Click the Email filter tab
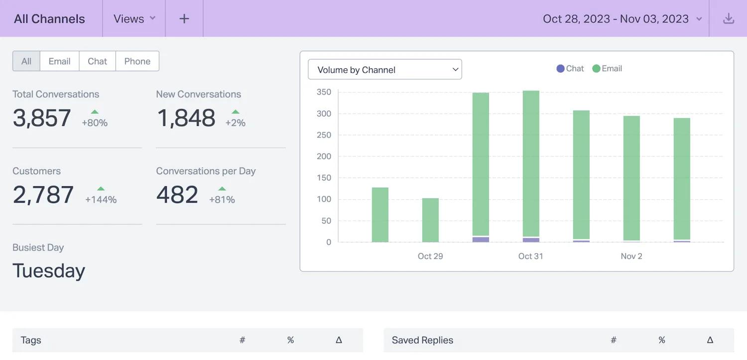pyautogui.click(x=59, y=61)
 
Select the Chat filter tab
pyautogui.click(x=98, y=61)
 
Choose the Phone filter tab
pyautogui.click(x=137, y=61)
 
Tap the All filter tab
pyautogui.click(x=26, y=61)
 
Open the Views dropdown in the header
pyautogui.click(x=134, y=18)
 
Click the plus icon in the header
pyautogui.click(x=184, y=18)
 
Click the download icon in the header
pyautogui.click(x=728, y=18)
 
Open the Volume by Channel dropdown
pyautogui.click(x=385, y=69)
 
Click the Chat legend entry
pyautogui.click(x=570, y=69)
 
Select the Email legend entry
pyautogui.click(x=607, y=69)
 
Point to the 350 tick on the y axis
pyautogui.click(x=324, y=92)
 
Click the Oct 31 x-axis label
pyautogui.click(x=530, y=256)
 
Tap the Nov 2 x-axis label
pyautogui.click(x=631, y=256)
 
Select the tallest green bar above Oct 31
pyautogui.click(x=531, y=164)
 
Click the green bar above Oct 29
pyautogui.click(x=431, y=220)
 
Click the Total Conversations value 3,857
pyautogui.click(x=42, y=118)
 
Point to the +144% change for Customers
pyautogui.click(x=101, y=199)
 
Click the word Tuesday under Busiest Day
pyautogui.click(x=49, y=271)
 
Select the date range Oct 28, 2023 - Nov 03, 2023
pyautogui.click(x=616, y=18)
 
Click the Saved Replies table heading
pyautogui.click(x=422, y=340)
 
